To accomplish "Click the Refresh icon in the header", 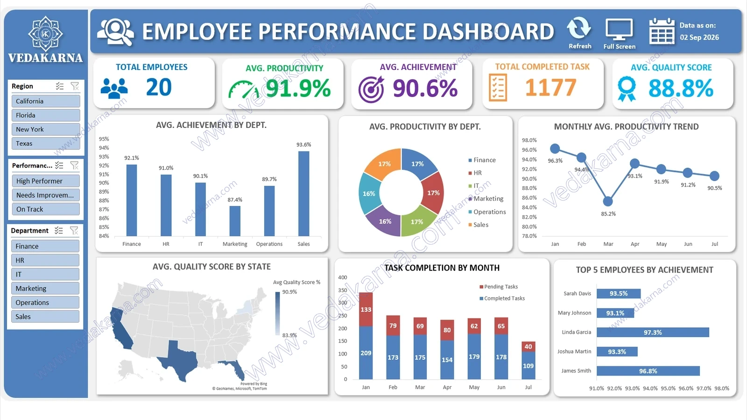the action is click(x=579, y=28).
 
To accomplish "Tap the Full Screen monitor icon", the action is click(x=619, y=29).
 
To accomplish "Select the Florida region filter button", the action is click(x=46, y=115).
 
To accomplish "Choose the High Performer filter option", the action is click(x=46, y=181).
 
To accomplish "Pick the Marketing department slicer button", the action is click(x=45, y=288).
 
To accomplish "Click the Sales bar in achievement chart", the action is click(x=303, y=194).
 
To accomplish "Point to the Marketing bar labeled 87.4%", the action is click(x=235, y=221).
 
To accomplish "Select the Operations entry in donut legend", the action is click(x=487, y=212).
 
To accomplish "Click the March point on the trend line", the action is click(x=608, y=201).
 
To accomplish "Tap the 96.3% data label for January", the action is click(x=555, y=161).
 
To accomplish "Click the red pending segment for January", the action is click(x=366, y=309).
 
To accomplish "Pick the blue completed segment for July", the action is click(x=528, y=365).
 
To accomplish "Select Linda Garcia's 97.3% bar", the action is click(x=653, y=332).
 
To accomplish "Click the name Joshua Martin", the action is click(x=574, y=351).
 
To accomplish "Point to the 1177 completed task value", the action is click(x=550, y=87).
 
